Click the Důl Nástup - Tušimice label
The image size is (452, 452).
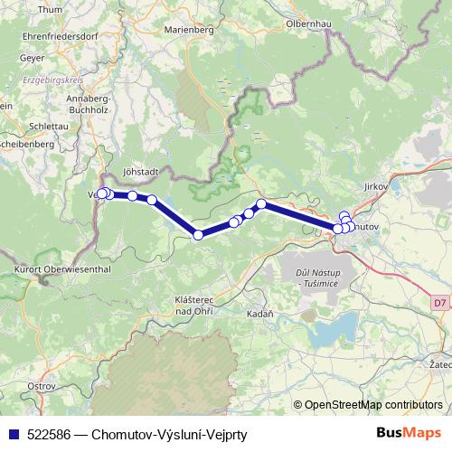pos(315,279)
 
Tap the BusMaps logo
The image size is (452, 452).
pos(410,434)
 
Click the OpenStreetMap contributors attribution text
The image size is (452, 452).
pos(373,405)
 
